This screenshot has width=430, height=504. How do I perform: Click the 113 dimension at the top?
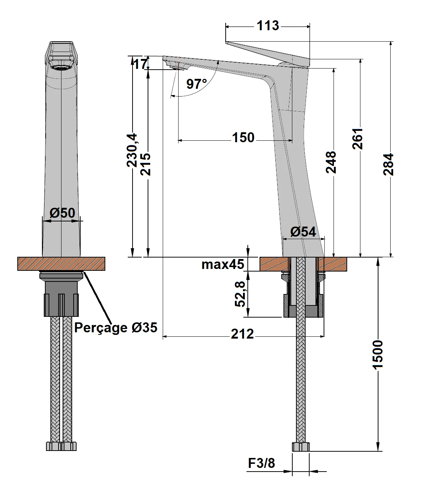(268, 26)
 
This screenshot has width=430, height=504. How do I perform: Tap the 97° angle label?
(196, 84)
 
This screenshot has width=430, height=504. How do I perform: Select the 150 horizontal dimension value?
(243, 137)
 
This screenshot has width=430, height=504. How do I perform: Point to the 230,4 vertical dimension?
(132, 150)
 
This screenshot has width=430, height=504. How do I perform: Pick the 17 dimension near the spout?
(140, 64)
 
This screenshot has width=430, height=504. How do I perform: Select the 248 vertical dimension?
(331, 162)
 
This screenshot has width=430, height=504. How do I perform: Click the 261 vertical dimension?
(358, 139)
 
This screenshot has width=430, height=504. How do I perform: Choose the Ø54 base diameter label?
(303, 232)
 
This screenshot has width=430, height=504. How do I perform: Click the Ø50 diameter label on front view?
(62, 213)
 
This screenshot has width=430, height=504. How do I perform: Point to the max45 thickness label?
(223, 264)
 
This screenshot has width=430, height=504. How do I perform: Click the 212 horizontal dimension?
(242, 334)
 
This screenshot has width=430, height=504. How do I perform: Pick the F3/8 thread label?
(261, 463)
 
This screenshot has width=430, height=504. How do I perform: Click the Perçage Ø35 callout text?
(116, 327)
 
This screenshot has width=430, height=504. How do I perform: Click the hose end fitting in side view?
(301, 447)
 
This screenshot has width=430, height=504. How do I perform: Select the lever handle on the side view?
(272, 53)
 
